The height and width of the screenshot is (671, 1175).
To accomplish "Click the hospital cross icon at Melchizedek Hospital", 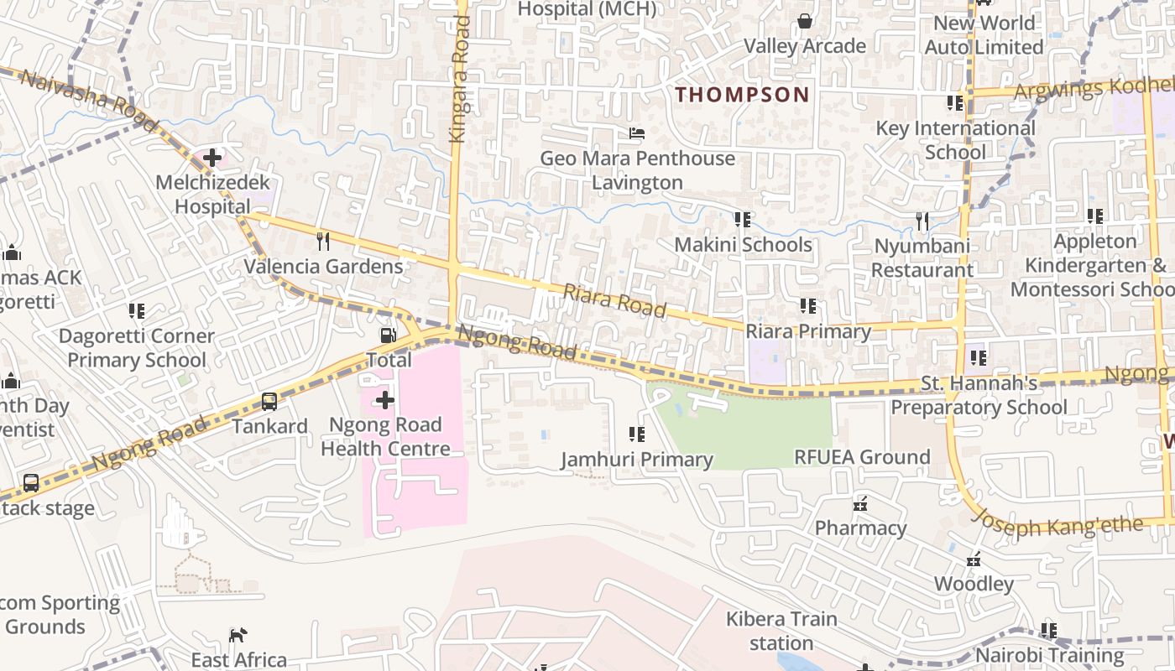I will point(212,157).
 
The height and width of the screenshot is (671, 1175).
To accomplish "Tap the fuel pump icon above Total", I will point(388,335).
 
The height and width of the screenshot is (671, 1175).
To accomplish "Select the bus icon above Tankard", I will point(269,401).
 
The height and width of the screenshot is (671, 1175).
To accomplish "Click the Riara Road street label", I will point(615,301).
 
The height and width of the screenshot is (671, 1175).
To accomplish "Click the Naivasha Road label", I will point(88,100).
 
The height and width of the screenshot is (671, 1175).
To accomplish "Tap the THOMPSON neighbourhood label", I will point(742,95).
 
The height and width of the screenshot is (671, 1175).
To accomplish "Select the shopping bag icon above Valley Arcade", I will point(804,20).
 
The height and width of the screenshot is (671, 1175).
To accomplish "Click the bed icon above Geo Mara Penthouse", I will point(637,133).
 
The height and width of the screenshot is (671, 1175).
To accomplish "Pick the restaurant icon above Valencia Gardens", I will point(323,242).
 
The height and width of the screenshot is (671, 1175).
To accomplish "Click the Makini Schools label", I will point(744,245).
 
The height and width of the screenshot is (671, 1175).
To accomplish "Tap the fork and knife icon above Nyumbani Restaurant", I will point(922,221).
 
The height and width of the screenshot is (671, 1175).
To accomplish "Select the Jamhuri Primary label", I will point(637,460).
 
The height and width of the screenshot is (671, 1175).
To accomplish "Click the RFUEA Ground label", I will point(862,457).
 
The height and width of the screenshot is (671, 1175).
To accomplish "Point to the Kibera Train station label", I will point(781,631).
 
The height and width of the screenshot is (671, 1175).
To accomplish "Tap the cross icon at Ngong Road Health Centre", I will point(385,400).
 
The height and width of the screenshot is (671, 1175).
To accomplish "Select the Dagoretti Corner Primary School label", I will point(137,348).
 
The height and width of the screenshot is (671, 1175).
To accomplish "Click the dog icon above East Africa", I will point(238,635).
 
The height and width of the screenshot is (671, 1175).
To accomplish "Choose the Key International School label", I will point(955,140).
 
